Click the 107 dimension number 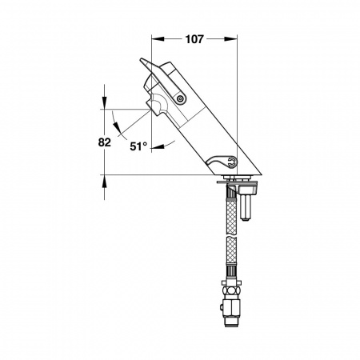pos(194,39)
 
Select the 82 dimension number pos(104,142)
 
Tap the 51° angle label pos(138,146)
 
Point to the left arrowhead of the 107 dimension pos(158,39)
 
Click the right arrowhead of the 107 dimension pos(230,39)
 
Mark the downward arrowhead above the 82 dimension pos(104,102)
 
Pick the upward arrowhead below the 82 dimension pos(104,182)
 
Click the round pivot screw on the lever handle pos(180,99)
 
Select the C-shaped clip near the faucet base pos(232,162)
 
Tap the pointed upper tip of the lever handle pos(142,59)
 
